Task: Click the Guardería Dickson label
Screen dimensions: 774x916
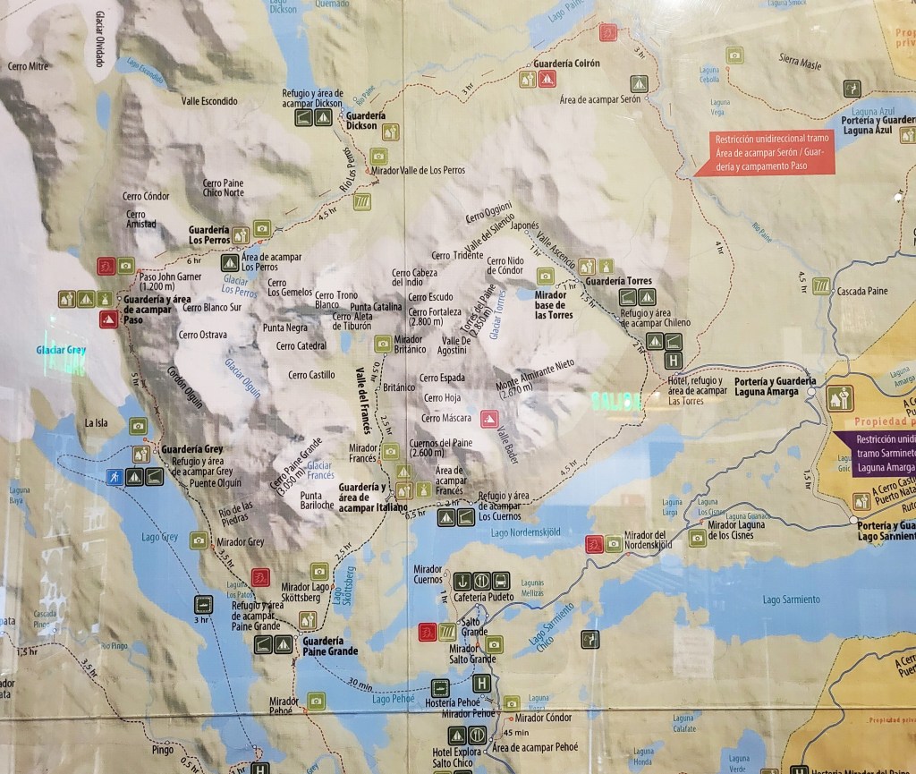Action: pyautogui.click(x=365, y=121)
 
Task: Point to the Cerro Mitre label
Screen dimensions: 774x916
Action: pyautogui.click(x=26, y=65)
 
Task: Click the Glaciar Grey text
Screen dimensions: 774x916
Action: pyautogui.click(x=63, y=351)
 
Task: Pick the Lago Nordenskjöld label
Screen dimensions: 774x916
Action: pyautogui.click(x=526, y=533)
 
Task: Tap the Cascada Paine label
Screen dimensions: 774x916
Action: pyautogui.click(x=862, y=292)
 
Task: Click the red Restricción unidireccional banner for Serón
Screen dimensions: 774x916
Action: pyautogui.click(x=769, y=152)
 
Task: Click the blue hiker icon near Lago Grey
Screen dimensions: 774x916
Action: pyautogui.click(x=114, y=476)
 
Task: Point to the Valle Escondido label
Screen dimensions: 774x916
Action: pyautogui.click(x=210, y=101)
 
